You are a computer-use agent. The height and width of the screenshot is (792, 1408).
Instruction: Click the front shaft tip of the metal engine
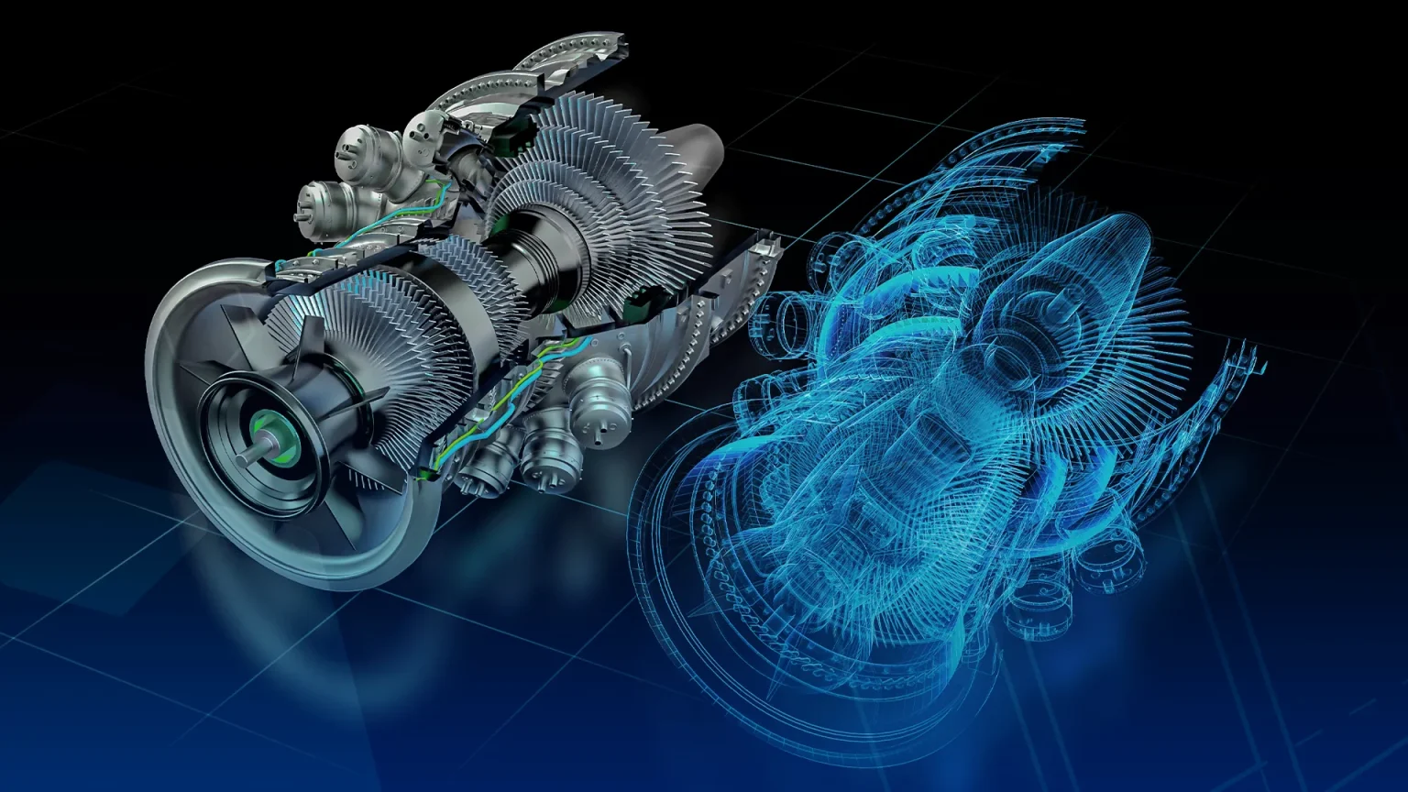[247, 452]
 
